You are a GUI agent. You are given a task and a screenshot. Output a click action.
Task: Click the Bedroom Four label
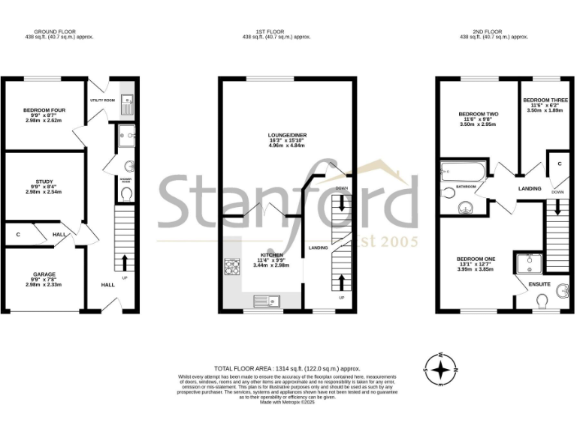coord(44,110)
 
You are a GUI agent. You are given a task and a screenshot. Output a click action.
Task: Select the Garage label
coord(44,274)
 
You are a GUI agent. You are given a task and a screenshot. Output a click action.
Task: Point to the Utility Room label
coord(102,100)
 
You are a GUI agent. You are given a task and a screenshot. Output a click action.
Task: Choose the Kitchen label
coord(271,255)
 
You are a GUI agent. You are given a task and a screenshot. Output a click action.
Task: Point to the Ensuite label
coord(539,284)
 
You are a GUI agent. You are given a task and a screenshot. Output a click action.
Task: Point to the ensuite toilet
coord(542,301)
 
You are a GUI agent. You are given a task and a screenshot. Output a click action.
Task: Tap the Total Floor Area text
coord(288,368)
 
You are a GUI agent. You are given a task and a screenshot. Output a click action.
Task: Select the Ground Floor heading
coord(59,31)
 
